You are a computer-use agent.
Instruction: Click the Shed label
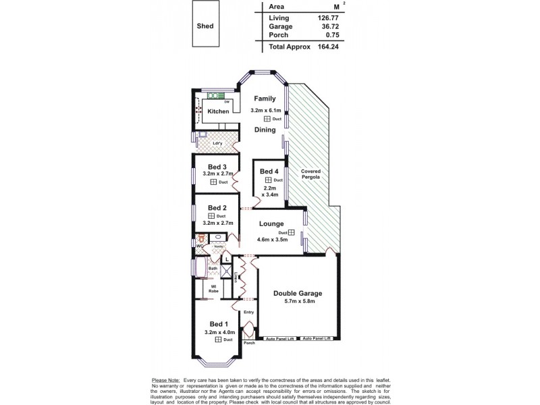pyautogui.click(x=206, y=26)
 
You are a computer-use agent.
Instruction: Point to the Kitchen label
pyautogui.click(x=218, y=111)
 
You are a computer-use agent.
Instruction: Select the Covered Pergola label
pyautogui.click(x=310, y=174)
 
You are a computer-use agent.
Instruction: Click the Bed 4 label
pyautogui.click(x=268, y=171)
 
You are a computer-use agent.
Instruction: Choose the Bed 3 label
pyautogui.click(x=216, y=167)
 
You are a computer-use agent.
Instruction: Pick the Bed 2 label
pyautogui.click(x=216, y=207)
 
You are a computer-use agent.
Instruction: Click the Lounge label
pyautogui.click(x=270, y=223)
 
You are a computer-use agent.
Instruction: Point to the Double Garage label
pyautogui.click(x=297, y=294)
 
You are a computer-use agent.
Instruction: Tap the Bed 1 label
pyautogui.click(x=217, y=323)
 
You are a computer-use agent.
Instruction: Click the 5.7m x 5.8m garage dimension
pyautogui.click(x=297, y=303)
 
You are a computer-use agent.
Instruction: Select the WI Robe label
pyautogui.click(x=213, y=288)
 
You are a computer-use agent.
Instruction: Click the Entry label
pyautogui.click(x=248, y=312)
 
